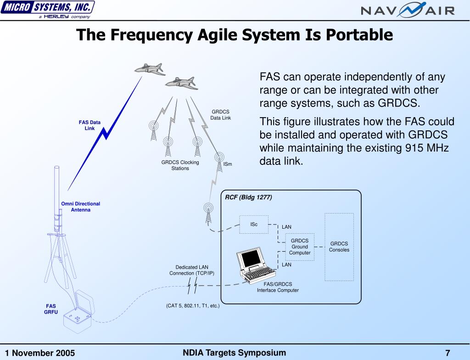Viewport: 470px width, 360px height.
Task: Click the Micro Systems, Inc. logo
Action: tap(48, 9)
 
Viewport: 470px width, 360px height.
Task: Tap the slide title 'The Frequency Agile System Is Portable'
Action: tap(235, 35)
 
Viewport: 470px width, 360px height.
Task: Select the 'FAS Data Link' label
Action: tap(90, 125)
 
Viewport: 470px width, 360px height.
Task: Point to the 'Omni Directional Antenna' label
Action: tap(80, 207)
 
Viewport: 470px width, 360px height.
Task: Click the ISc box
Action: tap(254, 225)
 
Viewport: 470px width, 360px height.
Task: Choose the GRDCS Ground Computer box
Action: tap(300, 247)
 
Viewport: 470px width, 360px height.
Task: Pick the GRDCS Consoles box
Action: tap(339, 247)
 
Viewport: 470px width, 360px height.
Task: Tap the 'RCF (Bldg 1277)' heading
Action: tap(248, 197)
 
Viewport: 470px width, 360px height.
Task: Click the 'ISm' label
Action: tap(228, 164)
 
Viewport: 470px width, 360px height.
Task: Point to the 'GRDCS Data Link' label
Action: tap(220, 115)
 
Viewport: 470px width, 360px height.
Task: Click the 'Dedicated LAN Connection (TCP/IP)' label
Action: tap(192, 270)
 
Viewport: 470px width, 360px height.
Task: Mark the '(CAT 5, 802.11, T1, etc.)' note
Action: tap(193, 305)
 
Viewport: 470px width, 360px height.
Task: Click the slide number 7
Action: tap(448, 353)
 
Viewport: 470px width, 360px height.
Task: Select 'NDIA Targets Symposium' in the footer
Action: tap(234, 353)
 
